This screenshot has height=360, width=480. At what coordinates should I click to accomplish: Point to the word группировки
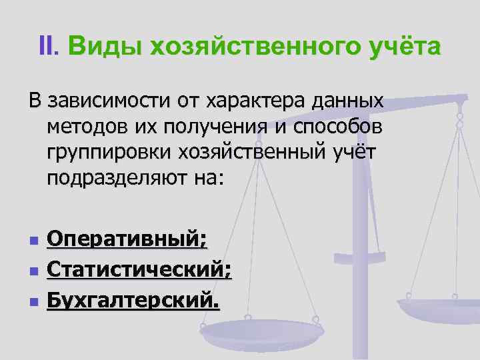pyautogui.click(x=109, y=153)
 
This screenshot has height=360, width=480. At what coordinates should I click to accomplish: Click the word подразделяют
pyautogui.click(x=113, y=178)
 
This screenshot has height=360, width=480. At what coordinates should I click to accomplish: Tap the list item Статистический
pyautogui.click(x=139, y=271)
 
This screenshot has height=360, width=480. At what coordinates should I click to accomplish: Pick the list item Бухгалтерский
pyautogui.click(x=133, y=302)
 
